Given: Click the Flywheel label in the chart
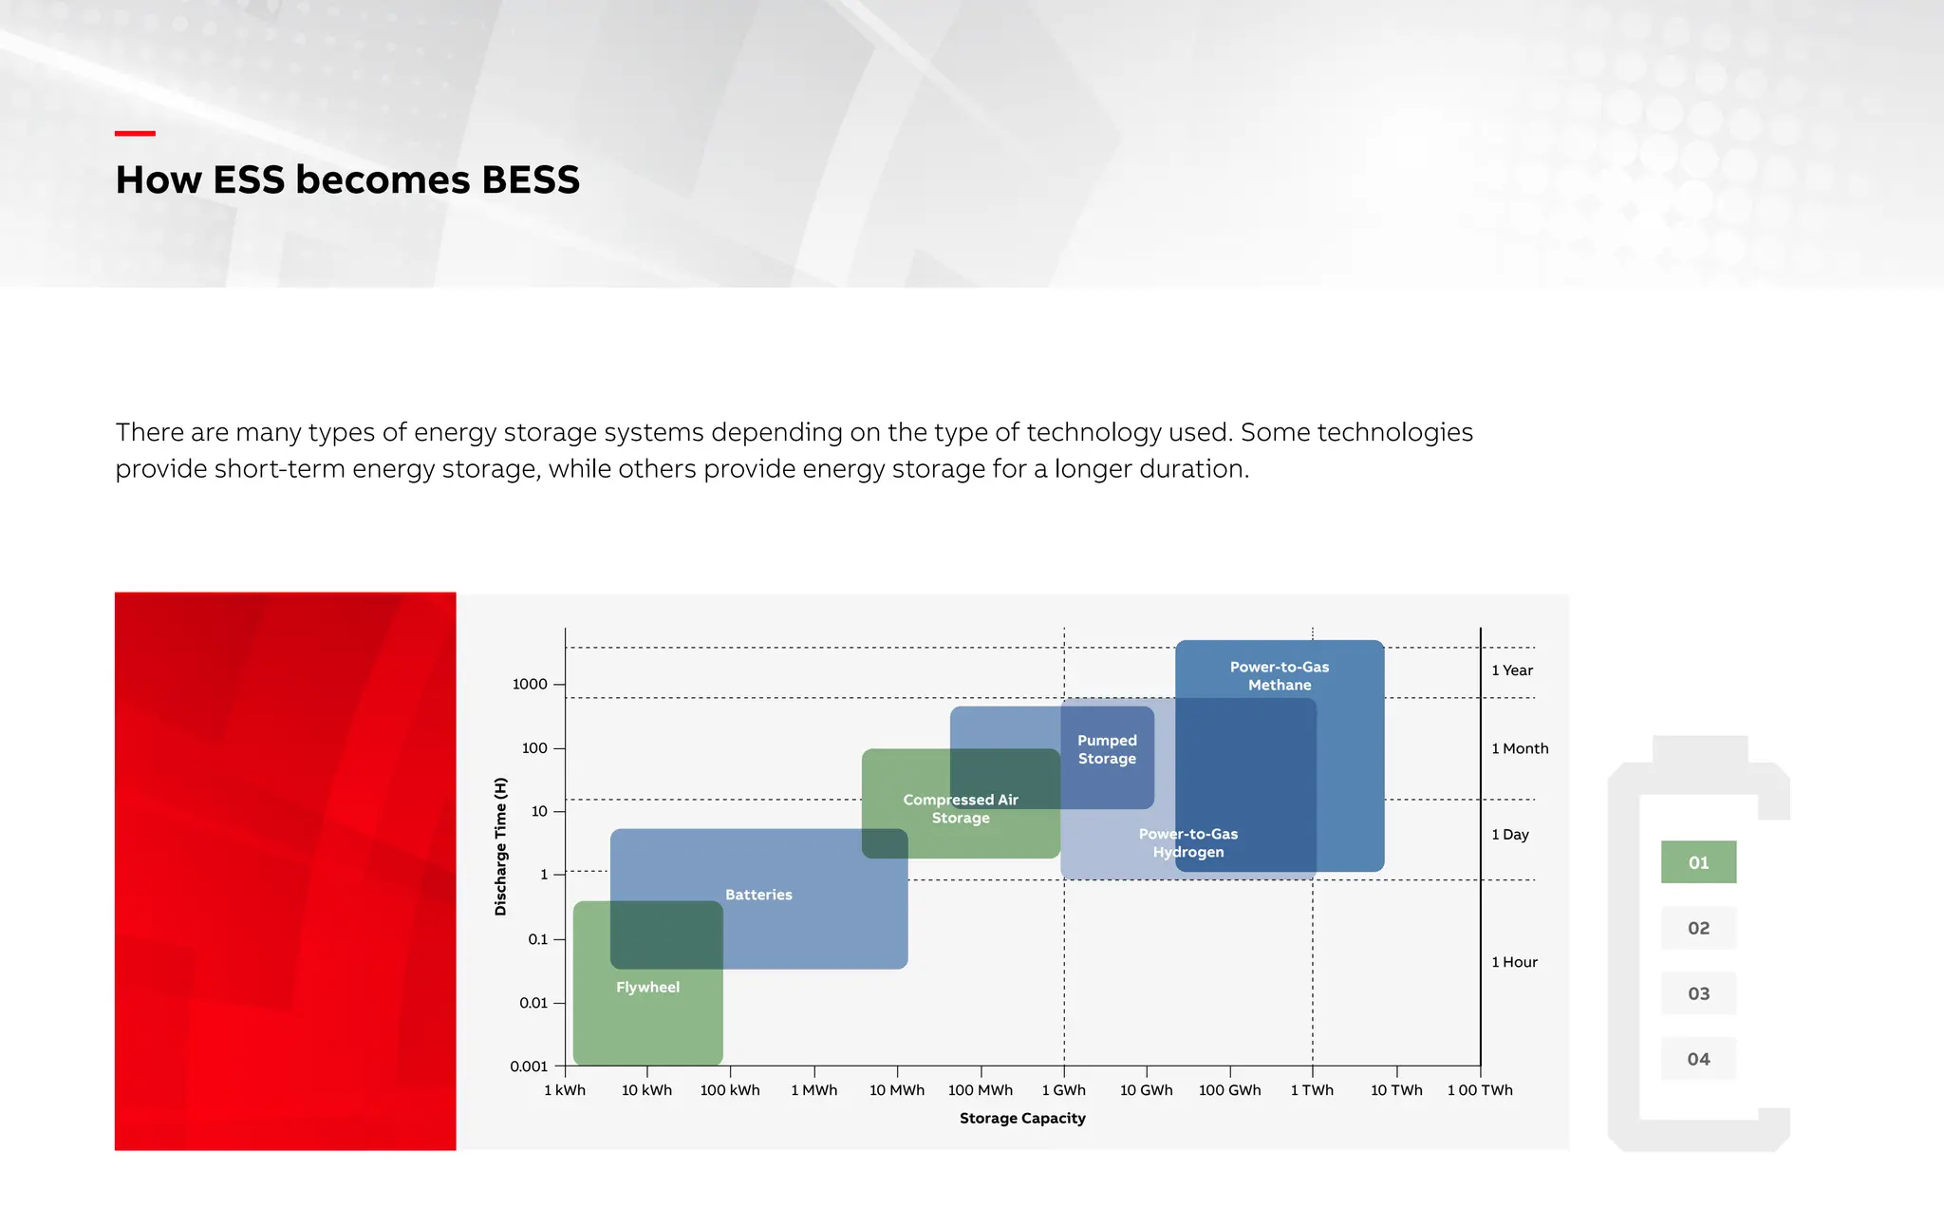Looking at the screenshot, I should (647, 987).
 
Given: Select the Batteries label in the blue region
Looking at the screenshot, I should (758, 895).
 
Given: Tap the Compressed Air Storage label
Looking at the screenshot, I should (961, 808).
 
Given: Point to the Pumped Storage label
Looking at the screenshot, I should (1107, 749).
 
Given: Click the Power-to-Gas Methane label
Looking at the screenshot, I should (1280, 675).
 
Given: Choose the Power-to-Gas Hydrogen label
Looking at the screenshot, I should (1188, 842).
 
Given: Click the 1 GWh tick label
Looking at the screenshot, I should (1063, 1090).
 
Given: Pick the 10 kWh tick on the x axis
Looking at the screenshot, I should (646, 1090).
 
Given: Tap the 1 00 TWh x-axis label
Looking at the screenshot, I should (1480, 1090).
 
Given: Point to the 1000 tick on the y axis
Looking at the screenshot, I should (530, 684).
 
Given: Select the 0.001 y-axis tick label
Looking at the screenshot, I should (529, 1066).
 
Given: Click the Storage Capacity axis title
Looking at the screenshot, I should (1022, 1118).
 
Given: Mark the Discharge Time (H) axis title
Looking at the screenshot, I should (501, 846).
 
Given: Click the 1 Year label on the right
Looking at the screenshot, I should (1512, 670).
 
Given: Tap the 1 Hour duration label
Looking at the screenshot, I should (1514, 962).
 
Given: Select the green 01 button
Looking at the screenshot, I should (1698, 862).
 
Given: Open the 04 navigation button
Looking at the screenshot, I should (1698, 1059).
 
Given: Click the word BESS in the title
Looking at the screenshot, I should (530, 180).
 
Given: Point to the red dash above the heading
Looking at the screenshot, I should (135, 134).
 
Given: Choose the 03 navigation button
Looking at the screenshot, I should (1698, 993).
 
